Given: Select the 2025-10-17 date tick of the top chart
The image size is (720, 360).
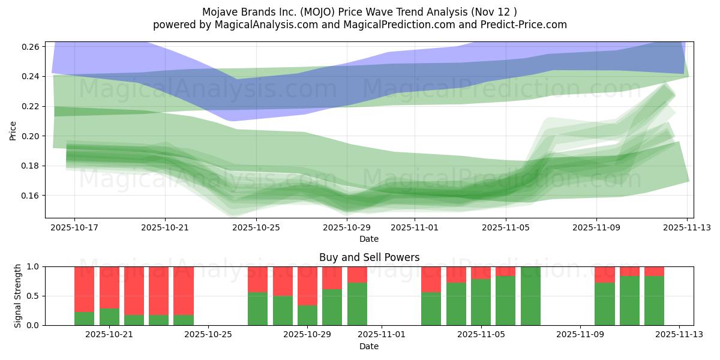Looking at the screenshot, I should [74, 227].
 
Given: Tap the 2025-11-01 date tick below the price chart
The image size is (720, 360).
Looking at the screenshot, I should [414, 227].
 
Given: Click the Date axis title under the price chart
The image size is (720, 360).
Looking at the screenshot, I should [369, 239].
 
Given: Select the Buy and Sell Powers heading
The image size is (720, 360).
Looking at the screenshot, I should [369, 257].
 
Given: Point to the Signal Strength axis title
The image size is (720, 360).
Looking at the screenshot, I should [18, 295].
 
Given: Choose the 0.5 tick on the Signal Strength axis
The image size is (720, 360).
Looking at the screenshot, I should [34, 296].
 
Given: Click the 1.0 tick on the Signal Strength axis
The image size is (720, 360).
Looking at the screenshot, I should [34, 266].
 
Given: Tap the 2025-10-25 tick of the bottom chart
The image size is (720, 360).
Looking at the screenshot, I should [208, 335].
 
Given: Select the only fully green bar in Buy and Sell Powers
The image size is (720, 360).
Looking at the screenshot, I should [530, 296].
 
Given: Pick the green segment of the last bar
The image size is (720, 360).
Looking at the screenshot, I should [654, 301].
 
